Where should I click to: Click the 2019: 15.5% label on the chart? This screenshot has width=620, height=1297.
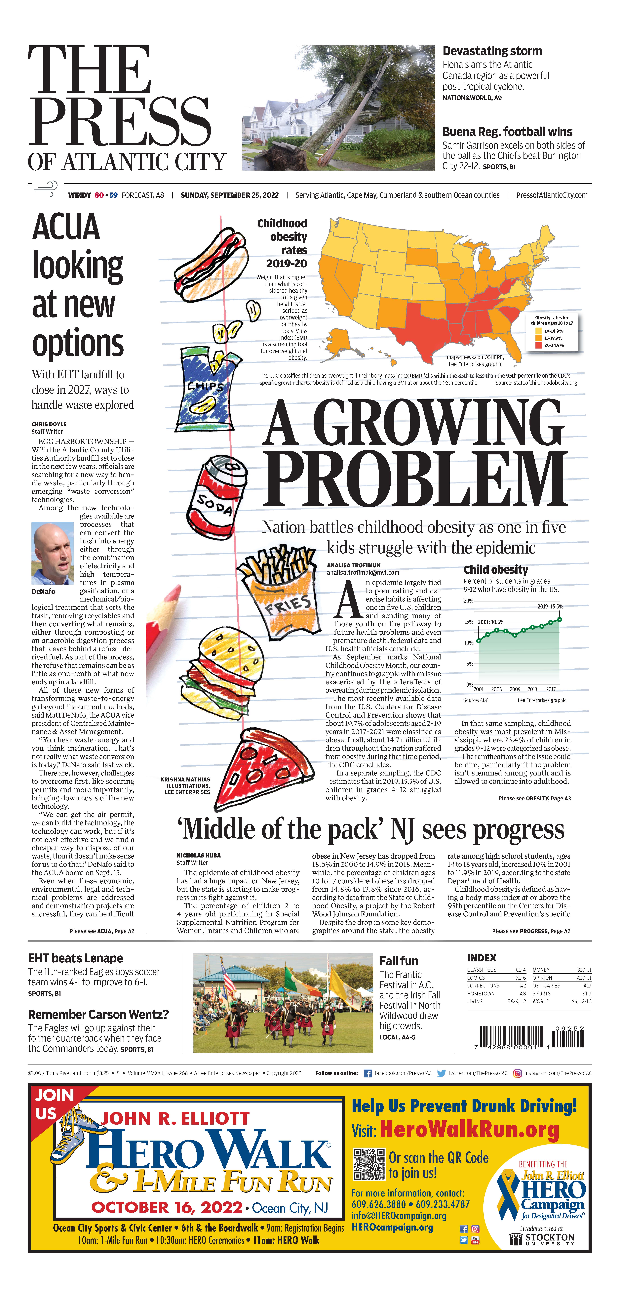(x=550, y=607)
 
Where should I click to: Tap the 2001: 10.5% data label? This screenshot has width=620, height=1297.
(x=491, y=622)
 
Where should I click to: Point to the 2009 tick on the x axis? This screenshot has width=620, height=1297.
(x=515, y=689)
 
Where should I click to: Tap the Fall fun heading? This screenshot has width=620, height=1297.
(x=399, y=961)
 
